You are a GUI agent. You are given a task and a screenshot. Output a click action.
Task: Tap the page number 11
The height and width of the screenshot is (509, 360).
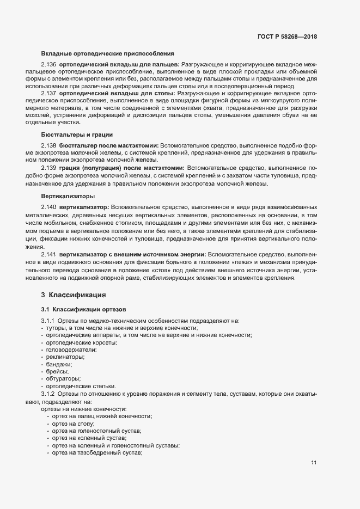click(x=314, y=463)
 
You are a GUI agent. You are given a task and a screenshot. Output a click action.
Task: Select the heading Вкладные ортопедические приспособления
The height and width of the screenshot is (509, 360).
click(x=107, y=53)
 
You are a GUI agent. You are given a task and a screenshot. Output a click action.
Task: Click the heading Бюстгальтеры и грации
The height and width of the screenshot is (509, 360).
click(x=77, y=134)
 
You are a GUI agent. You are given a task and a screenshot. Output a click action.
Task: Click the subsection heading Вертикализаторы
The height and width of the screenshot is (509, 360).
click(x=68, y=195)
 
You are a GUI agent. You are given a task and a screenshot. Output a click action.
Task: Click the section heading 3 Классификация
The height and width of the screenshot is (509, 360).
click(x=73, y=296)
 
